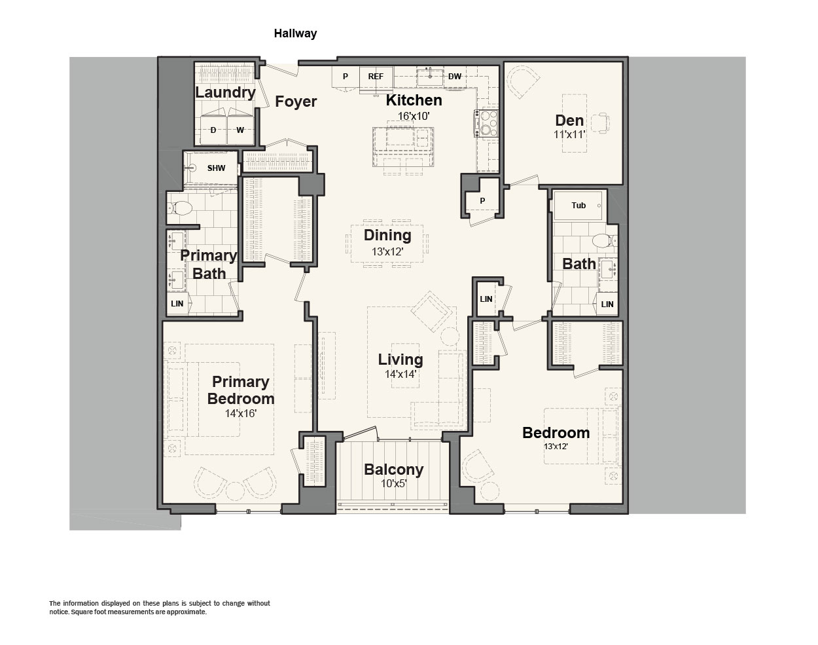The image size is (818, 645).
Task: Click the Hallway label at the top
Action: (295, 33)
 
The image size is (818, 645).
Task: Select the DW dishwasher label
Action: (455, 77)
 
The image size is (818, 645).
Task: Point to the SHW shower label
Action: (217, 168)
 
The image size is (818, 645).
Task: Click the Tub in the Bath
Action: (578, 206)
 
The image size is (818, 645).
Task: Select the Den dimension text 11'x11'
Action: (569, 135)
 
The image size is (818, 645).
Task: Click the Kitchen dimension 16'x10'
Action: (414, 116)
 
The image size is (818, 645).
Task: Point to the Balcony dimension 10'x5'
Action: (394, 483)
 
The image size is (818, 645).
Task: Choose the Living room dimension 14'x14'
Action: (400, 374)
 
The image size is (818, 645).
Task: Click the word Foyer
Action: (296, 101)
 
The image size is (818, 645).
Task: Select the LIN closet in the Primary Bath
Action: (178, 303)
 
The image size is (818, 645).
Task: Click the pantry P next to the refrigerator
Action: (345, 77)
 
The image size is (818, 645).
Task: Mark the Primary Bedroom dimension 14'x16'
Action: (241, 413)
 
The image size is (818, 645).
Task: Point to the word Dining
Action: (387, 235)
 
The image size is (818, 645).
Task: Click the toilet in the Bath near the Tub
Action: (605, 241)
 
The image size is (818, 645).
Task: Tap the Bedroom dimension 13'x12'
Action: (556, 447)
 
